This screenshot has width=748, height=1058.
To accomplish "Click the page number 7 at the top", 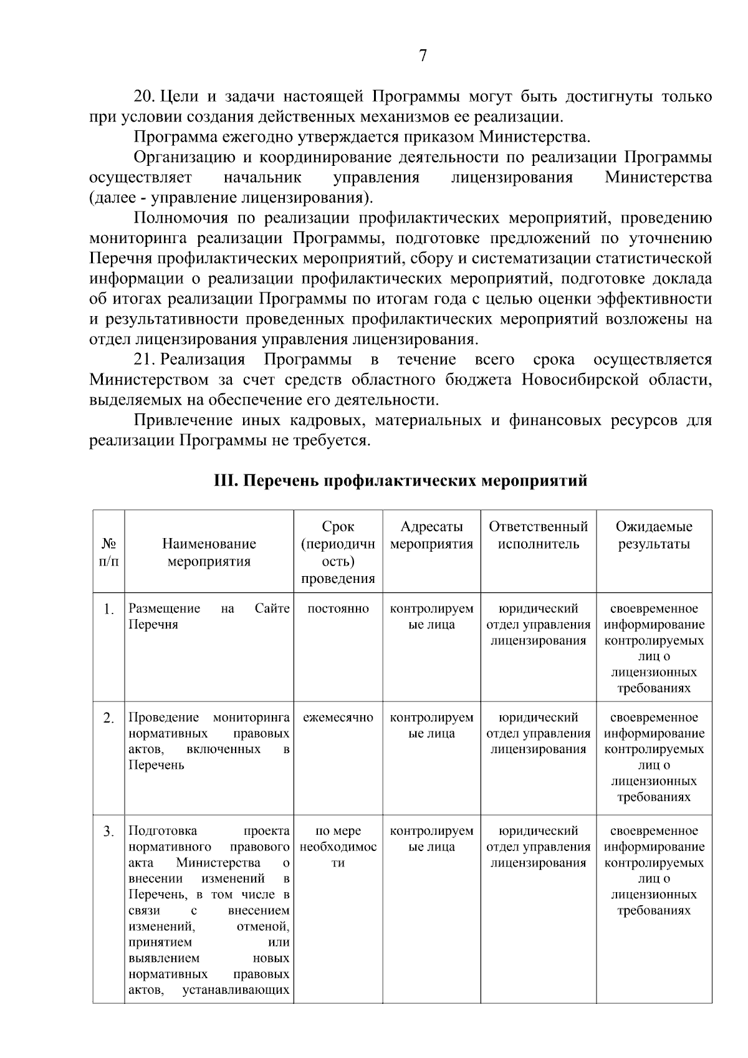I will pos(423,56).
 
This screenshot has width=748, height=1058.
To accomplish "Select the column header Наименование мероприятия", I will pos(209,552).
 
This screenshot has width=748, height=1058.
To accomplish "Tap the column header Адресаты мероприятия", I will pos(431,536).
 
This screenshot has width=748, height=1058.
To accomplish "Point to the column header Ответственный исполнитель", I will pos(538,536).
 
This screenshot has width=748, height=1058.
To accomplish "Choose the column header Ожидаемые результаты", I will pos(653,536).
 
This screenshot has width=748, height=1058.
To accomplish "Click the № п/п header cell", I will pos(108,552).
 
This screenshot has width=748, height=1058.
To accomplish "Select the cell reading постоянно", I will pos(338,608).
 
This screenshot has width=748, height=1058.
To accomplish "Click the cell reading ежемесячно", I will pos(338,718).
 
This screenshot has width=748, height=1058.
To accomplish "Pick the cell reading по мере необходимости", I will pos(338,847).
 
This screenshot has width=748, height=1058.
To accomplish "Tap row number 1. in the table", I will pos(108,610).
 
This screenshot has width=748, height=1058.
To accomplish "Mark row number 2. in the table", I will pos(108,719).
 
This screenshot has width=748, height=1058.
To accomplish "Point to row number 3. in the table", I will pos(108,832).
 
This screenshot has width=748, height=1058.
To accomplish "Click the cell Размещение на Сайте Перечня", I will pos(209,617).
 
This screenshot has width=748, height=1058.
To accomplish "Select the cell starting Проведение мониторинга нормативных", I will pos(209,741).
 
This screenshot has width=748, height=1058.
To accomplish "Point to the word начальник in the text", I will pos(262,178).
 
